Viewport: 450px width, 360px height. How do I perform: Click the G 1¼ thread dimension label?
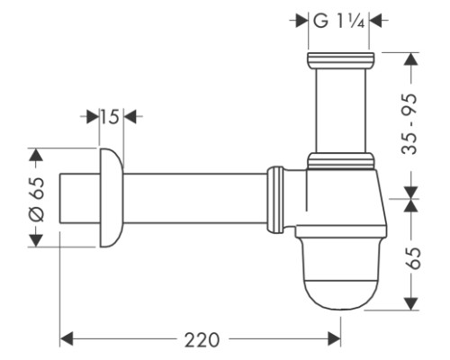click(x=339, y=22)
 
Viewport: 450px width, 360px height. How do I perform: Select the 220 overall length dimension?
click(x=202, y=340)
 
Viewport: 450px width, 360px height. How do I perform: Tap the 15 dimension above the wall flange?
click(x=110, y=117)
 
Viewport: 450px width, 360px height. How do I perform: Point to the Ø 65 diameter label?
click(x=37, y=199)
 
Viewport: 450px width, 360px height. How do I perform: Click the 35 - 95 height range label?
click(x=409, y=124)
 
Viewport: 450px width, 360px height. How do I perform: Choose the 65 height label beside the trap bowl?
click(x=413, y=258)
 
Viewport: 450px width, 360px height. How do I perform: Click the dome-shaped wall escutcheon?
click(x=112, y=198)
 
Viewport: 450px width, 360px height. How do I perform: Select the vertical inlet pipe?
click(x=341, y=110)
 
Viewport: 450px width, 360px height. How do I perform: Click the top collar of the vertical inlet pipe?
click(x=341, y=59)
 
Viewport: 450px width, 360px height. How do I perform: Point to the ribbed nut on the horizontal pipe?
click(x=275, y=199)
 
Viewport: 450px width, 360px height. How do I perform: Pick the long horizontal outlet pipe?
click(x=195, y=199)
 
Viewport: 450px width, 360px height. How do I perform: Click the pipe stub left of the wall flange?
click(x=80, y=198)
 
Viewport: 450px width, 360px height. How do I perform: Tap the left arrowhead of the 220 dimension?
click(x=67, y=339)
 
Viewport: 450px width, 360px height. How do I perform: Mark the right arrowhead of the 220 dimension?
click(x=334, y=339)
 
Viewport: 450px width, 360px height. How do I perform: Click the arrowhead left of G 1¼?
click(x=302, y=21)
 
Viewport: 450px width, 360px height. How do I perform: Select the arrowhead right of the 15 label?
click(x=130, y=116)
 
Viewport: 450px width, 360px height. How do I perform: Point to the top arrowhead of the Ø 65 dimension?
click(x=36, y=155)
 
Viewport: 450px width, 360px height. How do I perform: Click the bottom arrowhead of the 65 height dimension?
click(x=411, y=303)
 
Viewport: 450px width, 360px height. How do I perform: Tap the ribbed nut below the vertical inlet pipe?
click(x=341, y=161)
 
